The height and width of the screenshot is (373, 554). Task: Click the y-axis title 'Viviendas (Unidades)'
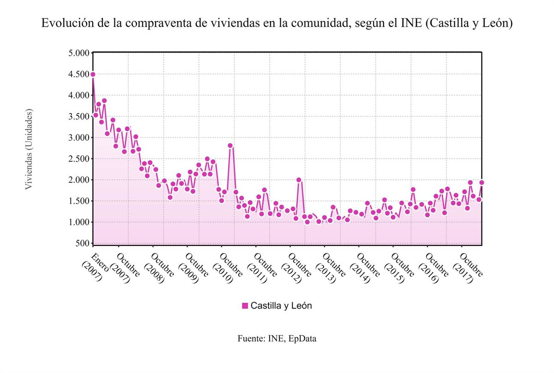pos(29,149)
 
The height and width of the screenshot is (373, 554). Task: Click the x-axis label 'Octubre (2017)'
pos(467,268)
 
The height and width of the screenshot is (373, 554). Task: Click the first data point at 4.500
pos(93,74)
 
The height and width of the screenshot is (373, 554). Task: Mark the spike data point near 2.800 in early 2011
pos(230,145)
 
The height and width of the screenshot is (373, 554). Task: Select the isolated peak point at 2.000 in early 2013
pos(299,180)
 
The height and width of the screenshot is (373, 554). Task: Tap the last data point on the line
pos(482,182)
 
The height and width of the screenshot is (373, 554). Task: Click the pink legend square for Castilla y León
pos(245,306)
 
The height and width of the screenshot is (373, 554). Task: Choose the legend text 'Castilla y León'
pos(281,306)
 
